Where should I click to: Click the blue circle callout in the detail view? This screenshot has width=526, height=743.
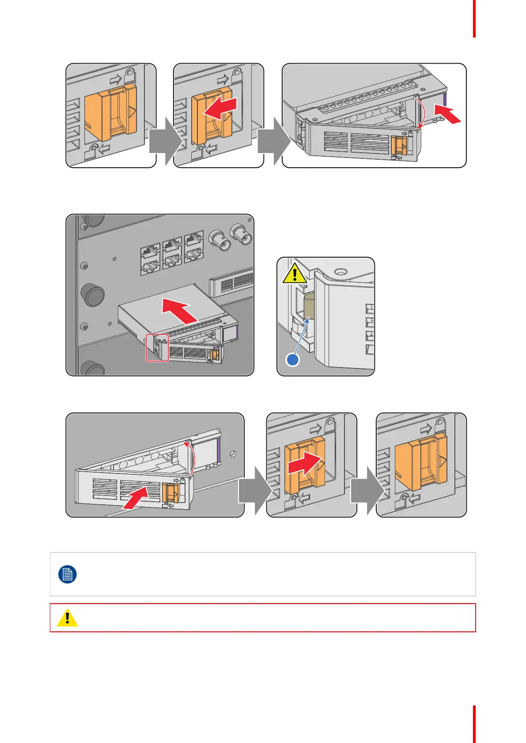[293, 360]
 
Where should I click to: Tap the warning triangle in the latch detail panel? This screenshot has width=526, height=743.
[295, 273]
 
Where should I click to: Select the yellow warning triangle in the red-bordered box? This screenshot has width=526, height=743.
[67, 618]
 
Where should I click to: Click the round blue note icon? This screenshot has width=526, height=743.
[68, 574]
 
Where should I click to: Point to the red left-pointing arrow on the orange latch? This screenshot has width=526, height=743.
[219, 108]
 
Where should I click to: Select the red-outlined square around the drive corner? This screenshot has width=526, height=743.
[157, 348]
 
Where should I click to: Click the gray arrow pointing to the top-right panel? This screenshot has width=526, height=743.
[273, 142]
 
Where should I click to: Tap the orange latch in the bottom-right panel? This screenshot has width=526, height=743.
[420, 462]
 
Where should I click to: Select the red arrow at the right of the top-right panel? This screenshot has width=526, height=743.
[447, 113]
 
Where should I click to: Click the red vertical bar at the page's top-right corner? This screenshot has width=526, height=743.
[474, 19]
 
